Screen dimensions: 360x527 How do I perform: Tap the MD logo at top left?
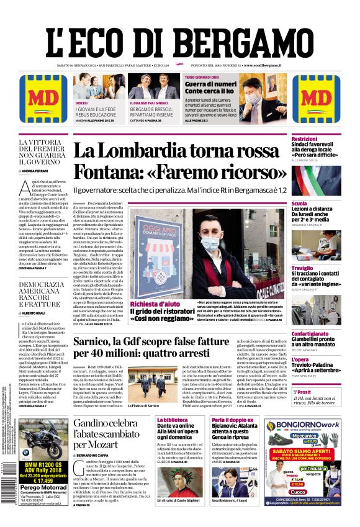(x=43, y=98)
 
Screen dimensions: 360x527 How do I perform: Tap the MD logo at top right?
(x=316, y=98)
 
